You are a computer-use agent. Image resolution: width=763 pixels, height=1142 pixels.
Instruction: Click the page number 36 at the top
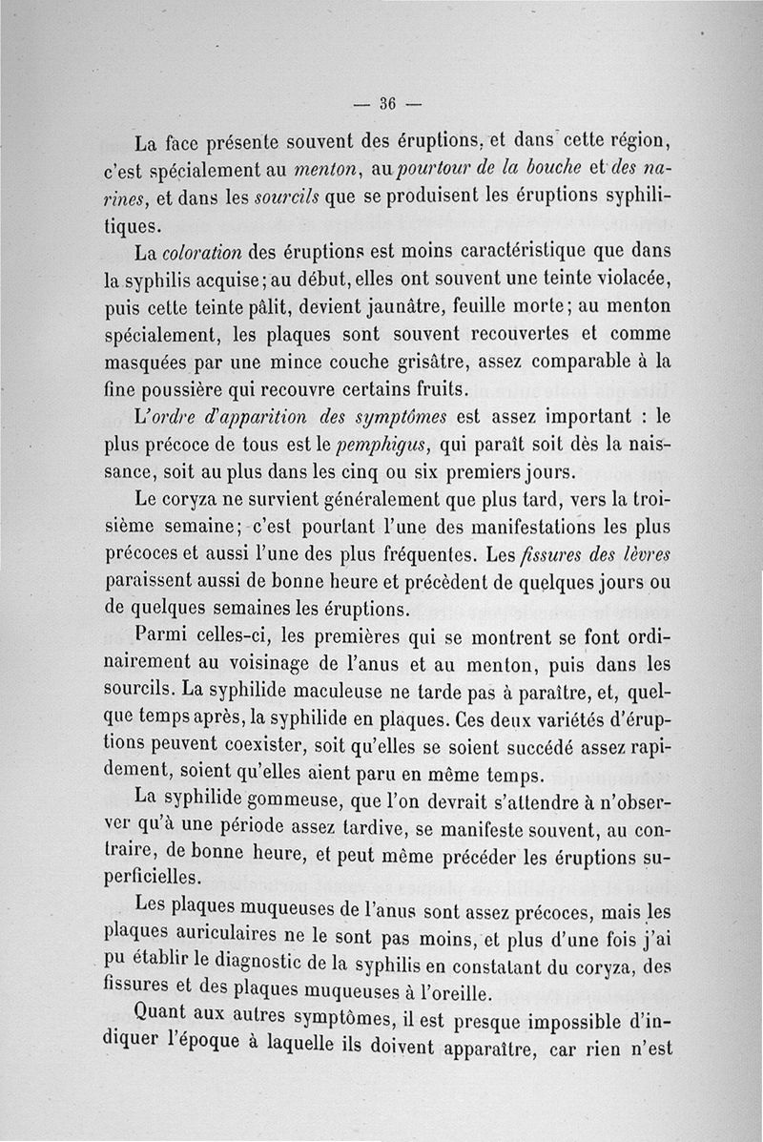coord(386,104)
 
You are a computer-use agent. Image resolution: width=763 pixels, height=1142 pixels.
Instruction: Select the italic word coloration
coord(200,254)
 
